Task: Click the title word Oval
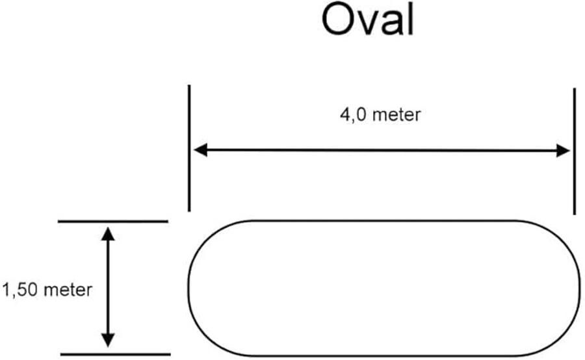click(367, 21)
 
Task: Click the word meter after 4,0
click(398, 115)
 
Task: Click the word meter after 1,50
click(68, 290)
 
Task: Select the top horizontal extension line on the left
click(113, 222)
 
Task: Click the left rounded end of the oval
click(190, 288)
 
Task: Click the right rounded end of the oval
click(580, 288)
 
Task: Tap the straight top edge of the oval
click(383, 221)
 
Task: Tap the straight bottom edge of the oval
click(383, 355)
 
